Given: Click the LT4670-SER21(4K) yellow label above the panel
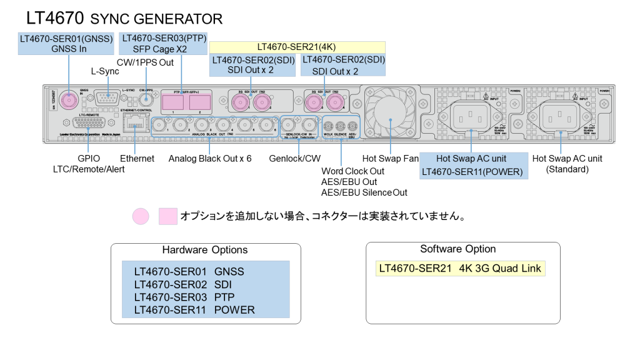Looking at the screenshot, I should [297, 47].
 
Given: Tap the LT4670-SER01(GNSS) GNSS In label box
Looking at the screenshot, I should [66, 43].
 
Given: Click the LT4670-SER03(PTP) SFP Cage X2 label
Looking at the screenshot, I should [163, 43].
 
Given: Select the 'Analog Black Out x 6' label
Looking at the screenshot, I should [210, 159].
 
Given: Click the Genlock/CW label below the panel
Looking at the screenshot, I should [294, 159].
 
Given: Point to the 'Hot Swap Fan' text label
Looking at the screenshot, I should [391, 159].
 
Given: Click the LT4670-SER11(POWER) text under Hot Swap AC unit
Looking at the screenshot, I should [472, 171].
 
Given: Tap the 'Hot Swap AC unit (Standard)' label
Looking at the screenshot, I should [567, 164].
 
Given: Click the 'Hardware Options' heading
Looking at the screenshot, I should [205, 249].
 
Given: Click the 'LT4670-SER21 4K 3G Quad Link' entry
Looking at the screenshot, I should [461, 268].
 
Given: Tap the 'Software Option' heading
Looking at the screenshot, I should [458, 249].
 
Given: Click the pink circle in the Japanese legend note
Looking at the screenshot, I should [141, 216].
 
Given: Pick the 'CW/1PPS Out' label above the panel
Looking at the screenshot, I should [145, 62].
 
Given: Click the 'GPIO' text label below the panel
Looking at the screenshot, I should [87, 159].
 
